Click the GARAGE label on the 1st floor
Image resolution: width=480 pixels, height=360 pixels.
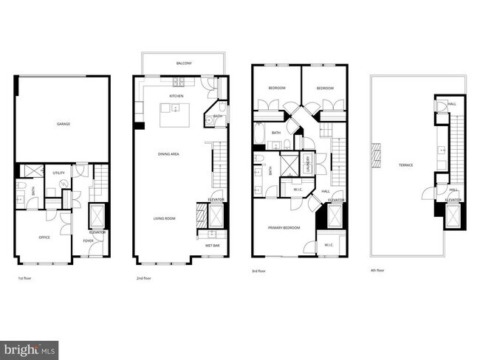pos(64,124)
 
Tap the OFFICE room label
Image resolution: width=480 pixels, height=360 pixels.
pos(44,238)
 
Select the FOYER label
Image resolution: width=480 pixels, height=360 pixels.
pos(88,240)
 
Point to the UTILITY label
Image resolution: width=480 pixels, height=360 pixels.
pos(59,173)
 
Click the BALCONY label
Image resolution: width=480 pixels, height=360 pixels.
pos(184,63)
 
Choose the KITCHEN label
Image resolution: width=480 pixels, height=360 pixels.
pos(176,97)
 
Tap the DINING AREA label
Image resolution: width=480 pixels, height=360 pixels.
pos(169,153)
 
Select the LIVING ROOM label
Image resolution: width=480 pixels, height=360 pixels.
pos(164,218)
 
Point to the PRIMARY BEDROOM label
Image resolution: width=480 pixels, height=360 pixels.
pos(284,228)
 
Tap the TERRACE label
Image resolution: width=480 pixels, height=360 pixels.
pos(406,165)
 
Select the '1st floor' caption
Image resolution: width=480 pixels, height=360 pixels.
pos(24,279)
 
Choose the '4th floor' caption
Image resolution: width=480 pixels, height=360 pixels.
pos(378,270)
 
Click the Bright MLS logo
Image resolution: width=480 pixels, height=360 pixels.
pos(30,347)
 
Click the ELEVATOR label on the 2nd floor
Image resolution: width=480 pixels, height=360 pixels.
pos(216,200)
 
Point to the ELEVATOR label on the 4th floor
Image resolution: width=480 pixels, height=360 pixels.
pos(453,200)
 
